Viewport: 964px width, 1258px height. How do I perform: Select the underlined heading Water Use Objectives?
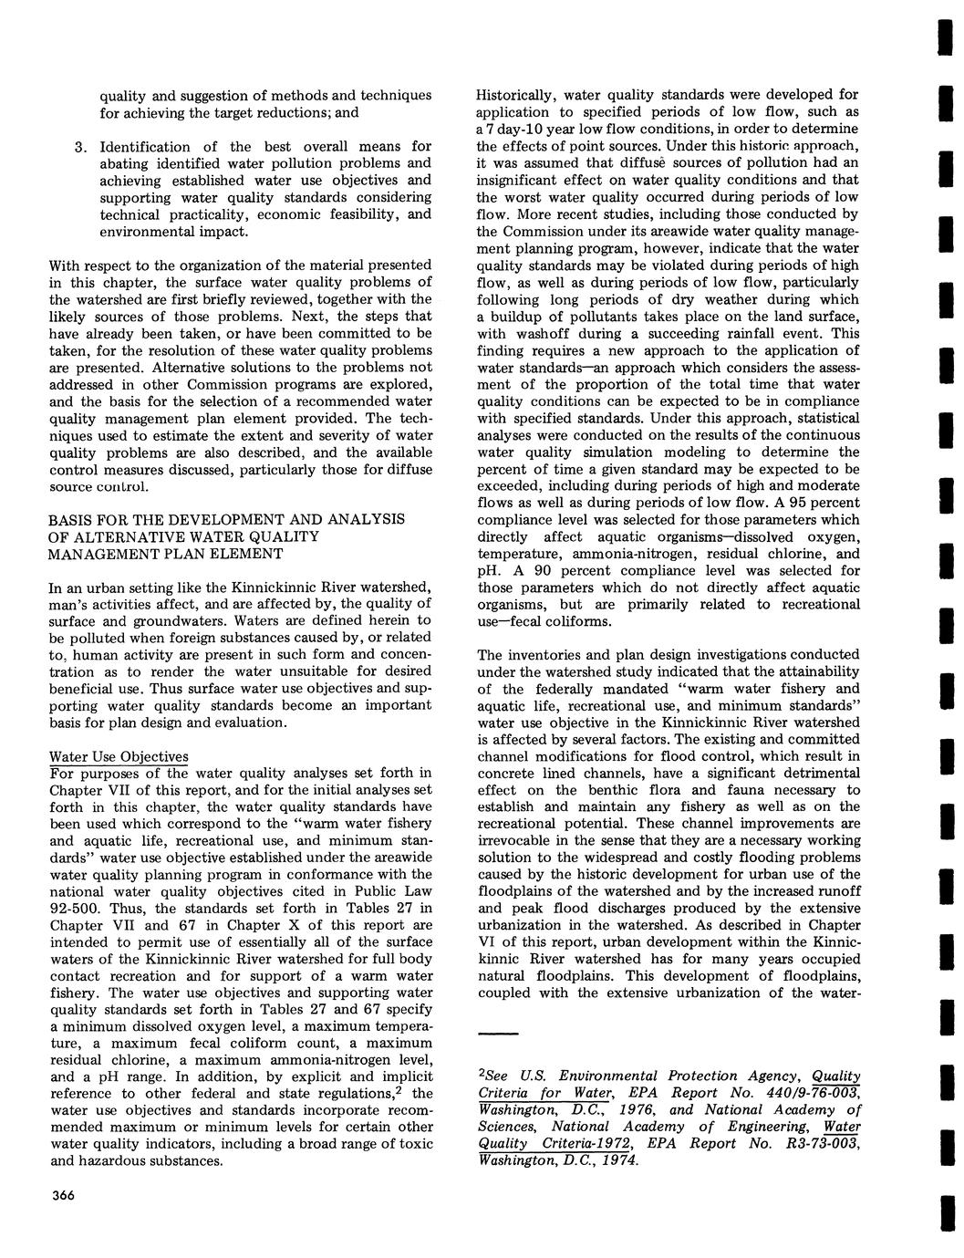click(x=119, y=757)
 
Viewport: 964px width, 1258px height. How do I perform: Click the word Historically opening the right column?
click(x=514, y=95)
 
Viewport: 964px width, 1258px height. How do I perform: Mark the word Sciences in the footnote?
click(x=508, y=1128)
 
